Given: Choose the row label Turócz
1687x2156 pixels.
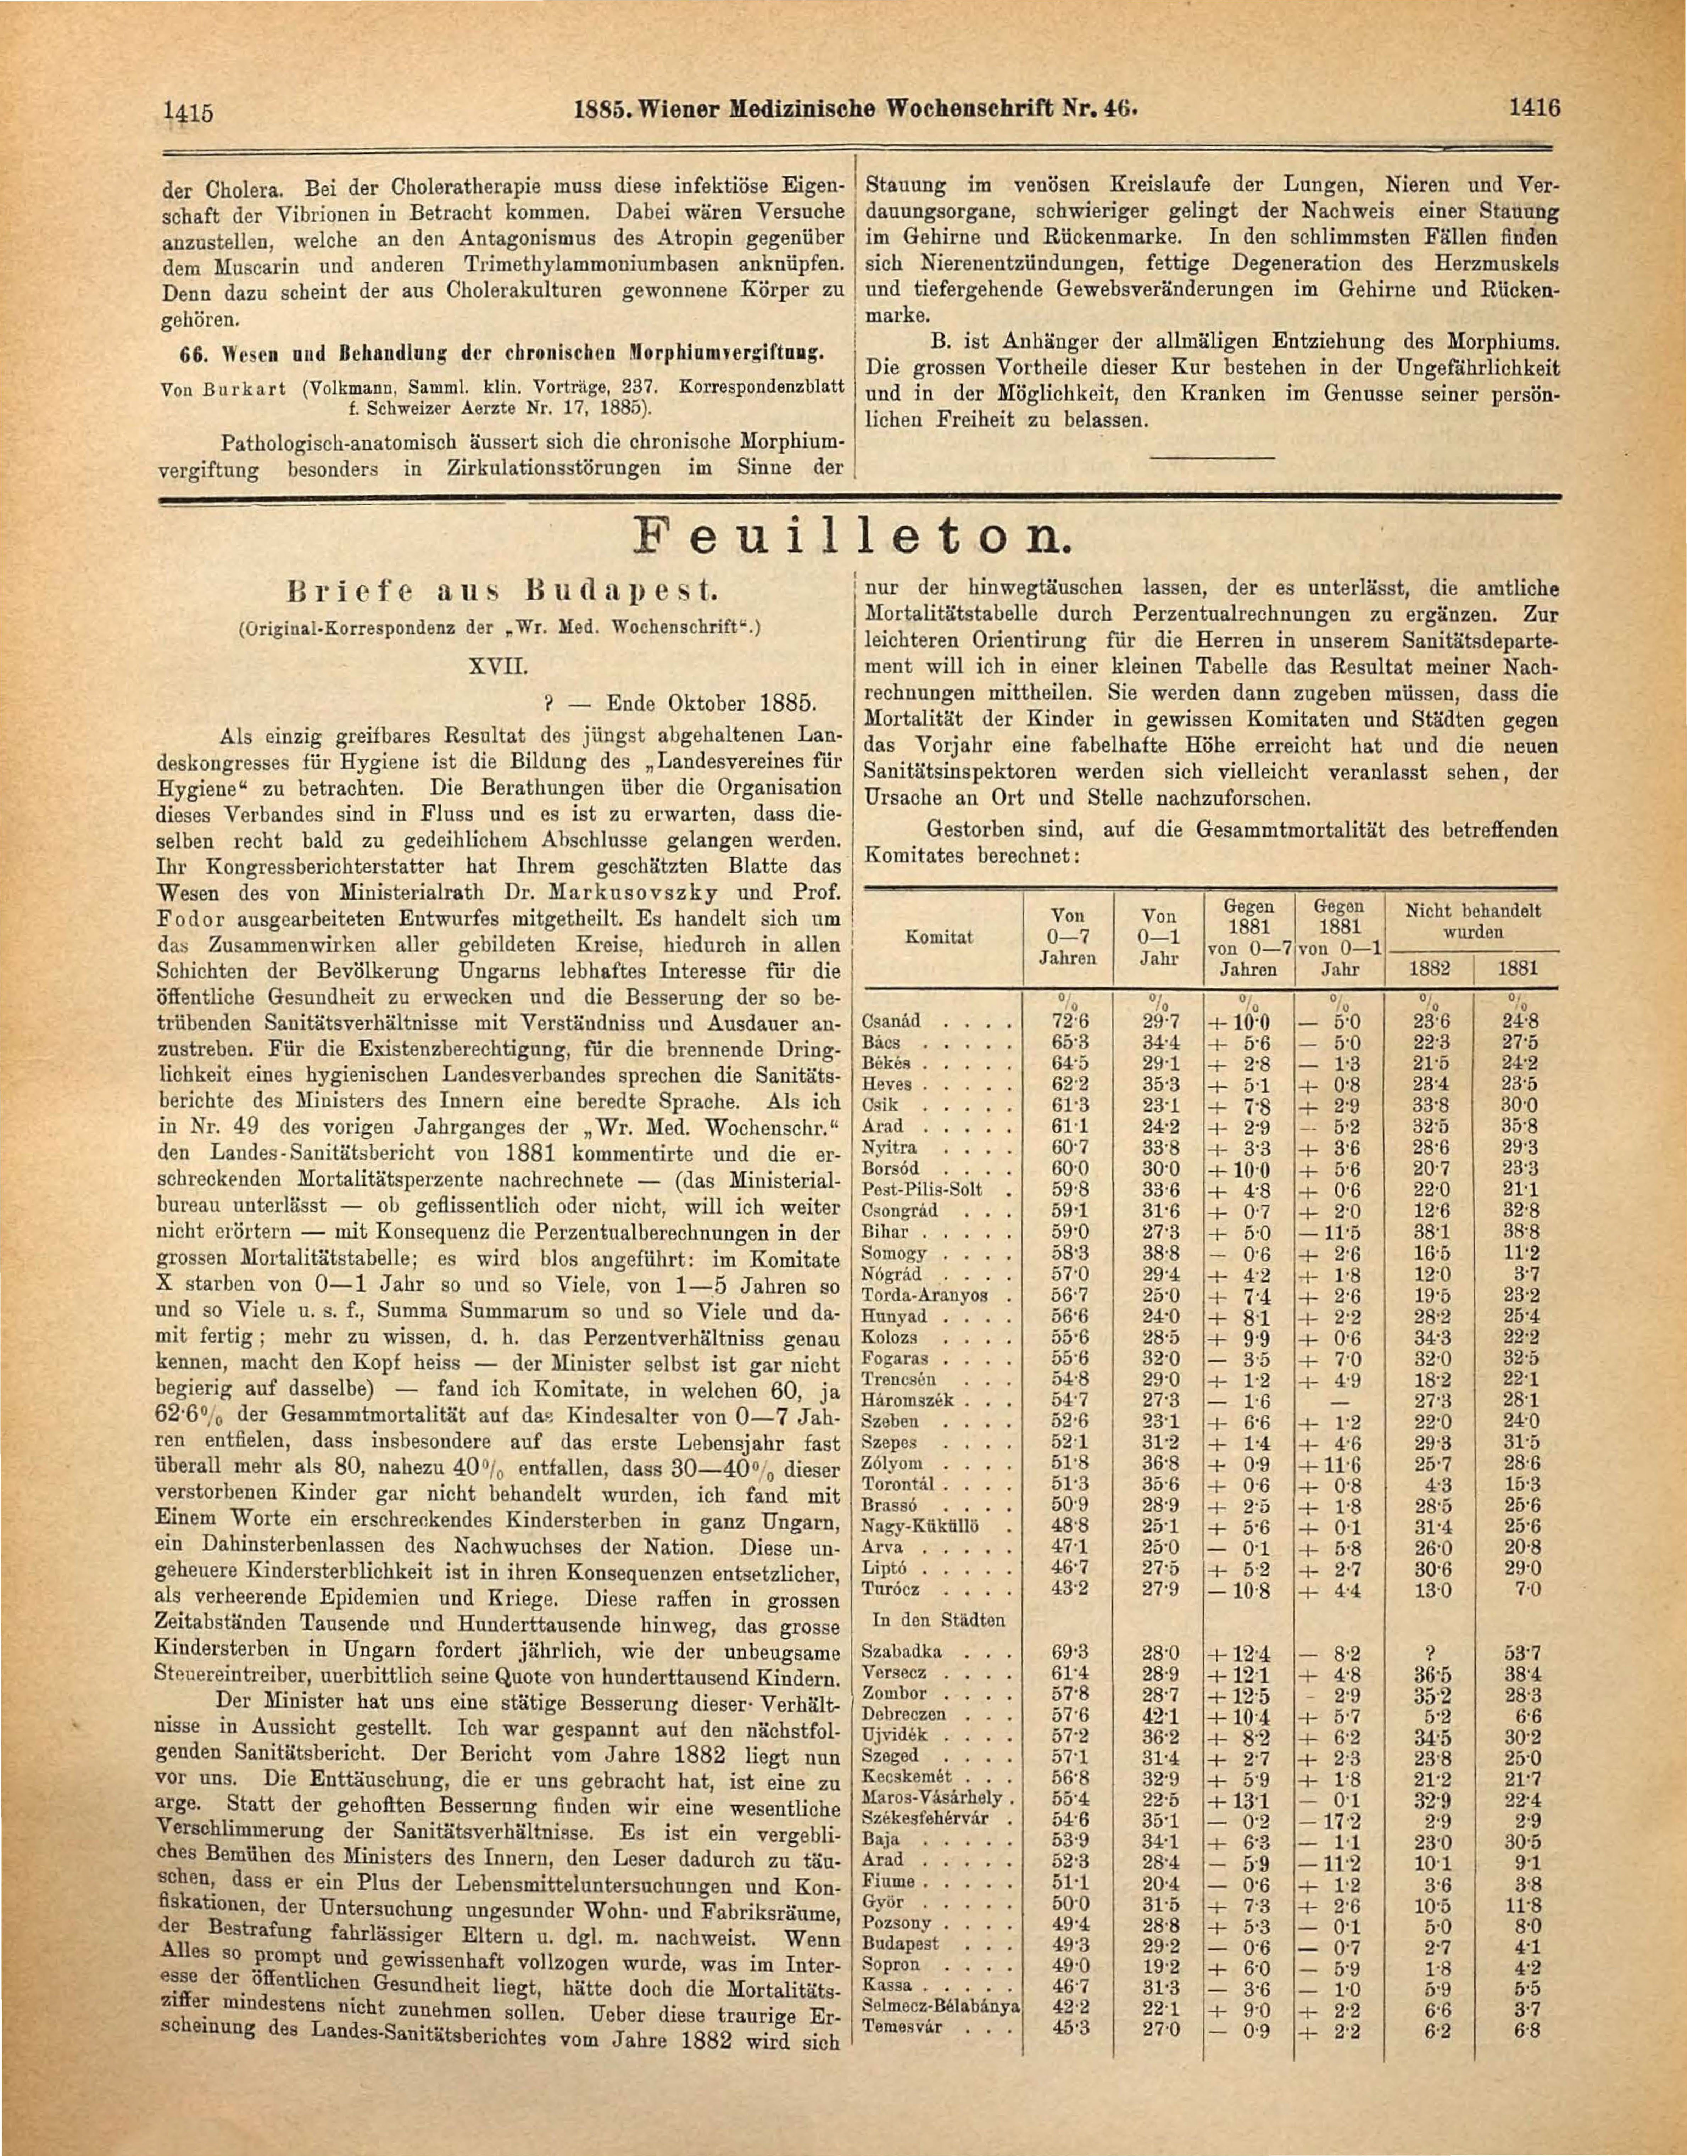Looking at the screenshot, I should (x=892, y=1589).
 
